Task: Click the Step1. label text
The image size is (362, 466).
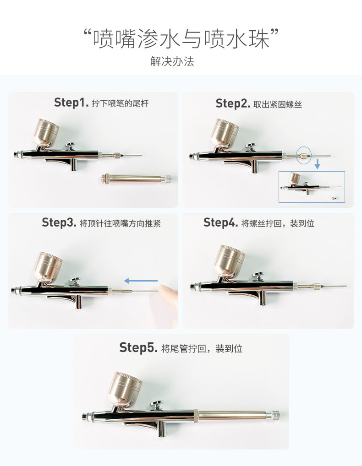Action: coord(71,103)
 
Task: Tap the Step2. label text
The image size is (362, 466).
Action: coord(232,104)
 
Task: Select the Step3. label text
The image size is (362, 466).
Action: coord(59,223)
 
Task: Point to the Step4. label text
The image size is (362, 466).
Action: coord(221,223)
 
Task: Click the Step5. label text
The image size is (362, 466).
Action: coord(139,347)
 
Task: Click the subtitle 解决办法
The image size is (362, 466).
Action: coord(172,61)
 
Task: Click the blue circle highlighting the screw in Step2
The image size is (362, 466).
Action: coord(303,155)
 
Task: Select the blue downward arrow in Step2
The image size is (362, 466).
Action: coord(317,164)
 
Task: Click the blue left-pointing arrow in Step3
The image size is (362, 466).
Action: coord(141,281)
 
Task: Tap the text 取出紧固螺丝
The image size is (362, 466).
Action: coord(278,104)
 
